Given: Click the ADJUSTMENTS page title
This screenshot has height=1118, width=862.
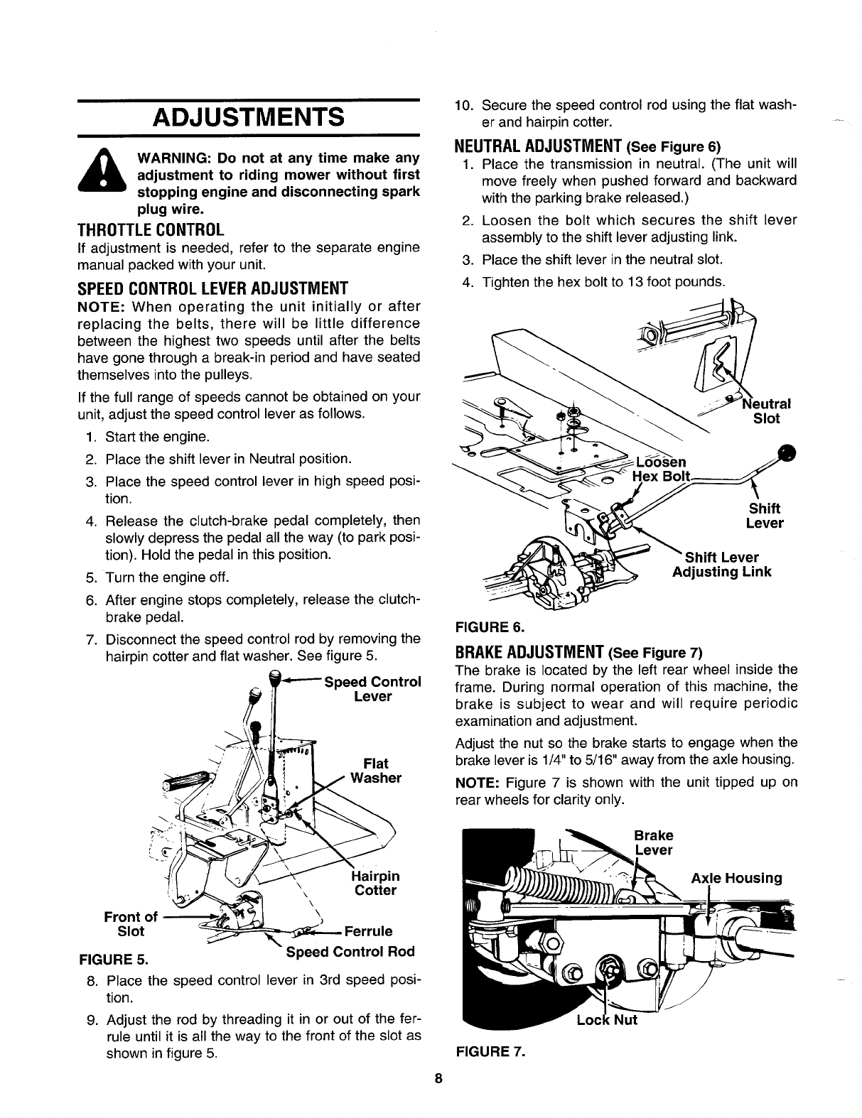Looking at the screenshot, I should pyautogui.click(x=247, y=116).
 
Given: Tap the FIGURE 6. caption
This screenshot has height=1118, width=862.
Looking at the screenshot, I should pyautogui.click(x=488, y=627).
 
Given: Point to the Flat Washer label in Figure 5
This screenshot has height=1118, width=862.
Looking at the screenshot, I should pyautogui.click(x=376, y=771).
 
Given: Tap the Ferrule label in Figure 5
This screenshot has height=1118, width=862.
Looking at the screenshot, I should pyautogui.click(x=367, y=931).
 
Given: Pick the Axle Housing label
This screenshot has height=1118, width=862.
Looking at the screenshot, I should pyautogui.click(x=736, y=877).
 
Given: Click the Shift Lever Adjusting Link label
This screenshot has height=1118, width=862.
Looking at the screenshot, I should pyautogui.click(x=721, y=564).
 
